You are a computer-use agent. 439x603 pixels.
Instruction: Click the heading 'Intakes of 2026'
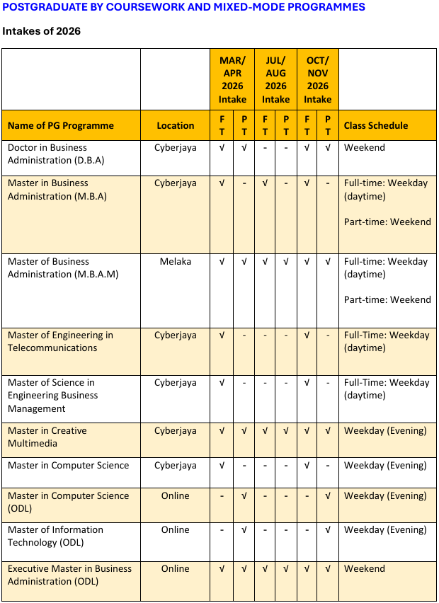click(41, 31)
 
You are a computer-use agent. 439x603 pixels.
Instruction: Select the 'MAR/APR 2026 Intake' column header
click(232, 79)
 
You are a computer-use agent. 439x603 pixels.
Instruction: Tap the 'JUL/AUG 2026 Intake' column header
click(275, 79)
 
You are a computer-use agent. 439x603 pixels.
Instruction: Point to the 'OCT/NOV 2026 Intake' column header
click(317, 79)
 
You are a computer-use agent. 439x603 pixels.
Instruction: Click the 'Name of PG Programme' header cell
click(61, 125)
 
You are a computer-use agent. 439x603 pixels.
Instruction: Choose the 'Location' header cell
click(176, 125)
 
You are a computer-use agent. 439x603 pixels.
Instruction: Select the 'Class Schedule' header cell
click(376, 125)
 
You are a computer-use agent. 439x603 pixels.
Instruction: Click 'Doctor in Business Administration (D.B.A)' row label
click(56, 154)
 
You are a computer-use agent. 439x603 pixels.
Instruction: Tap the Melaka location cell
click(176, 261)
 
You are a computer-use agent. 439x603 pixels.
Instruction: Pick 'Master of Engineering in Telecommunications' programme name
click(60, 341)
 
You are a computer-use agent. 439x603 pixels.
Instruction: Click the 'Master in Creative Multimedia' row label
click(47, 437)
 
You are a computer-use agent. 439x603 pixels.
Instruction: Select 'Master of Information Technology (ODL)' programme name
click(55, 536)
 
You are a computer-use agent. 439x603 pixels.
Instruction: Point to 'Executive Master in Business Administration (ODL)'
click(69, 575)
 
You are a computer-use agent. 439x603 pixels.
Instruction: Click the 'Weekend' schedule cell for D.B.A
click(365, 147)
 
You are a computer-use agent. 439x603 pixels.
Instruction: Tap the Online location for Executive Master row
click(176, 568)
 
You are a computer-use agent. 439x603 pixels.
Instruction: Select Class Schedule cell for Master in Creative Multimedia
click(385, 430)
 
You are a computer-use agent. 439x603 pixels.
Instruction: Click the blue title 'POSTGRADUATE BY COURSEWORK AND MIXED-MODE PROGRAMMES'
click(184, 7)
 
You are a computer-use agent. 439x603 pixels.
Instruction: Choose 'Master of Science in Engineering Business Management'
click(53, 395)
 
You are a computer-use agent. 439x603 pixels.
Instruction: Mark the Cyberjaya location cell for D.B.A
click(176, 147)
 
